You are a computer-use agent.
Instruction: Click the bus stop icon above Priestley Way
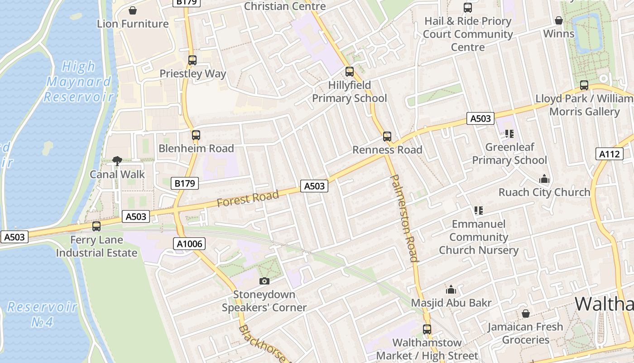click(192, 60)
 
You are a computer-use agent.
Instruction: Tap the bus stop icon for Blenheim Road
click(196, 135)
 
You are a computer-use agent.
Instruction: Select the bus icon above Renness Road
click(387, 136)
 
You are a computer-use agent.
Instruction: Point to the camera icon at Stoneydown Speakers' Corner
click(264, 281)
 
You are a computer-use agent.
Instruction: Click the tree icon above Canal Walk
click(117, 161)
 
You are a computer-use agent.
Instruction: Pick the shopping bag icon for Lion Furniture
click(133, 10)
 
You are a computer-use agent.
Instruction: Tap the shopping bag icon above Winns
click(559, 20)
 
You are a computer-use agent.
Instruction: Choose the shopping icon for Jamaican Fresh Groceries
click(526, 314)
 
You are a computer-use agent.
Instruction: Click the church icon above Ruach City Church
click(544, 179)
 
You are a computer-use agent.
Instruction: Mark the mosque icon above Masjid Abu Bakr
click(451, 289)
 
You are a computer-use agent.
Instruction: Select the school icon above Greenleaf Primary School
click(509, 133)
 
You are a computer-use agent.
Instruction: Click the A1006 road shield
click(190, 244)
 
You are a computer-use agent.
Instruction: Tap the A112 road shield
click(609, 154)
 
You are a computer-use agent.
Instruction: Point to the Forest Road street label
click(247, 199)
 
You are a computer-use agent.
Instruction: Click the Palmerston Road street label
click(404, 218)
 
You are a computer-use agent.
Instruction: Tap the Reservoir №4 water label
click(43, 314)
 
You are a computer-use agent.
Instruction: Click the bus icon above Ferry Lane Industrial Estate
click(96, 226)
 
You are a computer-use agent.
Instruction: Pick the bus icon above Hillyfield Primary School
click(349, 71)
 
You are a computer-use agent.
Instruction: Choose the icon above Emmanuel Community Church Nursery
click(479, 210)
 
